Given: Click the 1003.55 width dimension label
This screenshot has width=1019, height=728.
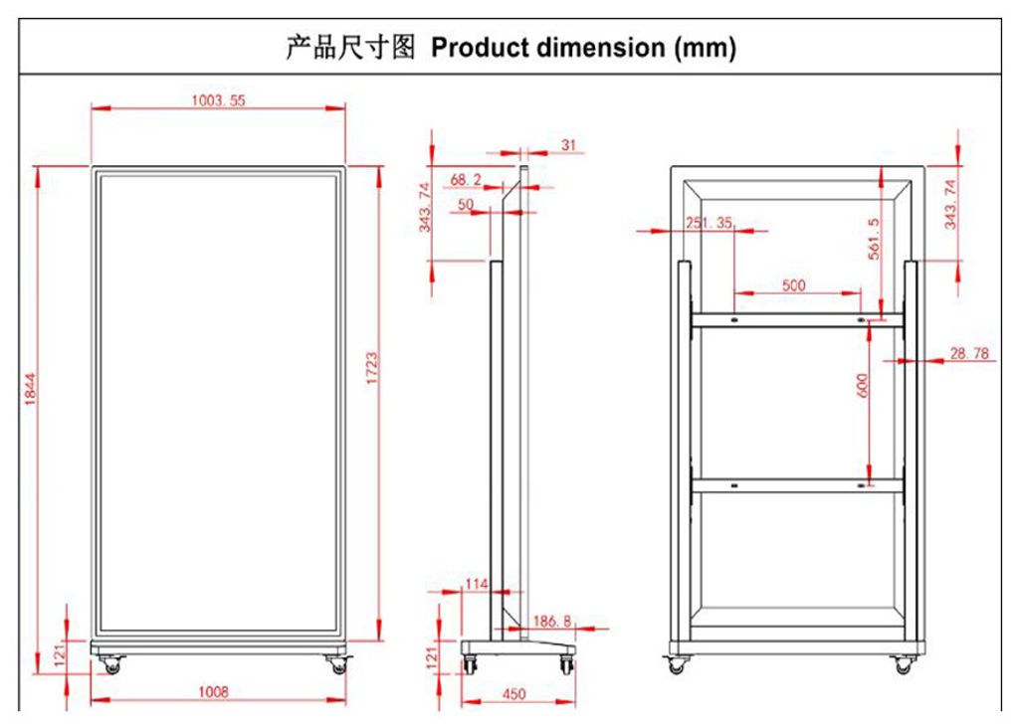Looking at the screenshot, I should pyautogui.click(x=218, y=99).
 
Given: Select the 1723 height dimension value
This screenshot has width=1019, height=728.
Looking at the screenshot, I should pyautogui.click(x=371, y=368).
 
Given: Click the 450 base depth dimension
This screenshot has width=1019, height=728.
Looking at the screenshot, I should pyautogui.click(x=513, y=694).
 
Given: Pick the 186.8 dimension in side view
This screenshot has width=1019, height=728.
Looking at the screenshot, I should pyautogui.click(x=552, y=622).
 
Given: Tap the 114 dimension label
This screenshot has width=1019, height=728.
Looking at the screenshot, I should pyautogui.click(x=476, y=585).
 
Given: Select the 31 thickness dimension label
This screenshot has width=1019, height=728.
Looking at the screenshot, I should pyautogui.click(x=568, y=145).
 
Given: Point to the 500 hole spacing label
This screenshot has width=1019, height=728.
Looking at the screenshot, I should pyautogui.click(x=793, y=285).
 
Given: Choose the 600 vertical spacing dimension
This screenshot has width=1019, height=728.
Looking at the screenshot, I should pyautogui.click(x=862, y=385).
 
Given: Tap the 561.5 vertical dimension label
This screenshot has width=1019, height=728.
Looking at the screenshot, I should pyautogui.click(x=873, y=239).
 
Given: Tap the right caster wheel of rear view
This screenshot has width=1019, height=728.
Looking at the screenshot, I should pyautogui.click(x=903, y=665).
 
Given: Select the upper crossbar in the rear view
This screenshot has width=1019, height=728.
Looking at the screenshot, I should pyautogui.click(x=797, y=320).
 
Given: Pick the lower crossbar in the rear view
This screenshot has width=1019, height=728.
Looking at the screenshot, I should pyautogui.click(x=797, y=486).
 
